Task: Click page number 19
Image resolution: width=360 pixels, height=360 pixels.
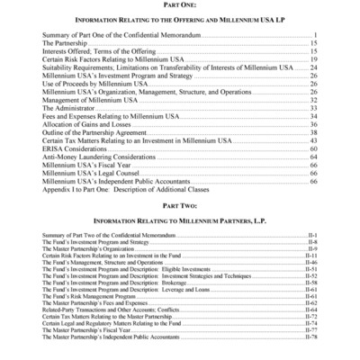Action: pyautogui.click(x=313, y=58)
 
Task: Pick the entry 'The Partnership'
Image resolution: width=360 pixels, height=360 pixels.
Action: pyautogui.click(x=66, y=42)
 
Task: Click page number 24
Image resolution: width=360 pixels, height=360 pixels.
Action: pyautogui.click(x=313, y=67)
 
